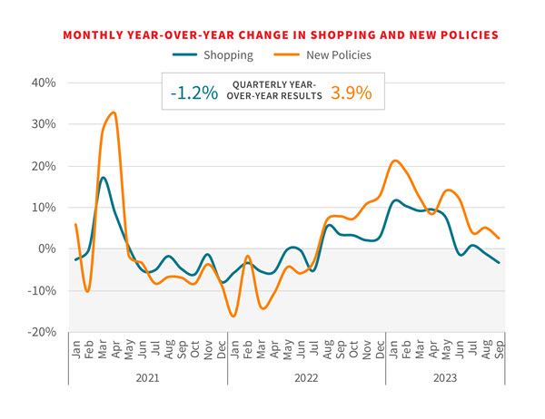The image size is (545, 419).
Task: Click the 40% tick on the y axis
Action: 43,83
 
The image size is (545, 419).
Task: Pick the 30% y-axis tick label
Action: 43,124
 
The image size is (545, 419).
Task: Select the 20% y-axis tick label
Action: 43,166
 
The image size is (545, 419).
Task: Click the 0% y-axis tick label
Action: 46,248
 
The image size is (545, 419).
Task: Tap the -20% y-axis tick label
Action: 40,332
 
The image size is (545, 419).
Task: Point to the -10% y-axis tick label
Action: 40,290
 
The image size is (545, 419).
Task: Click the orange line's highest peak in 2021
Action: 113,112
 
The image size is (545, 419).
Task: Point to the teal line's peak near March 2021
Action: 104,178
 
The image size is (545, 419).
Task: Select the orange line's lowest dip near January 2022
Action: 233,316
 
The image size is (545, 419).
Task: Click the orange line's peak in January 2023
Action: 394,161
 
